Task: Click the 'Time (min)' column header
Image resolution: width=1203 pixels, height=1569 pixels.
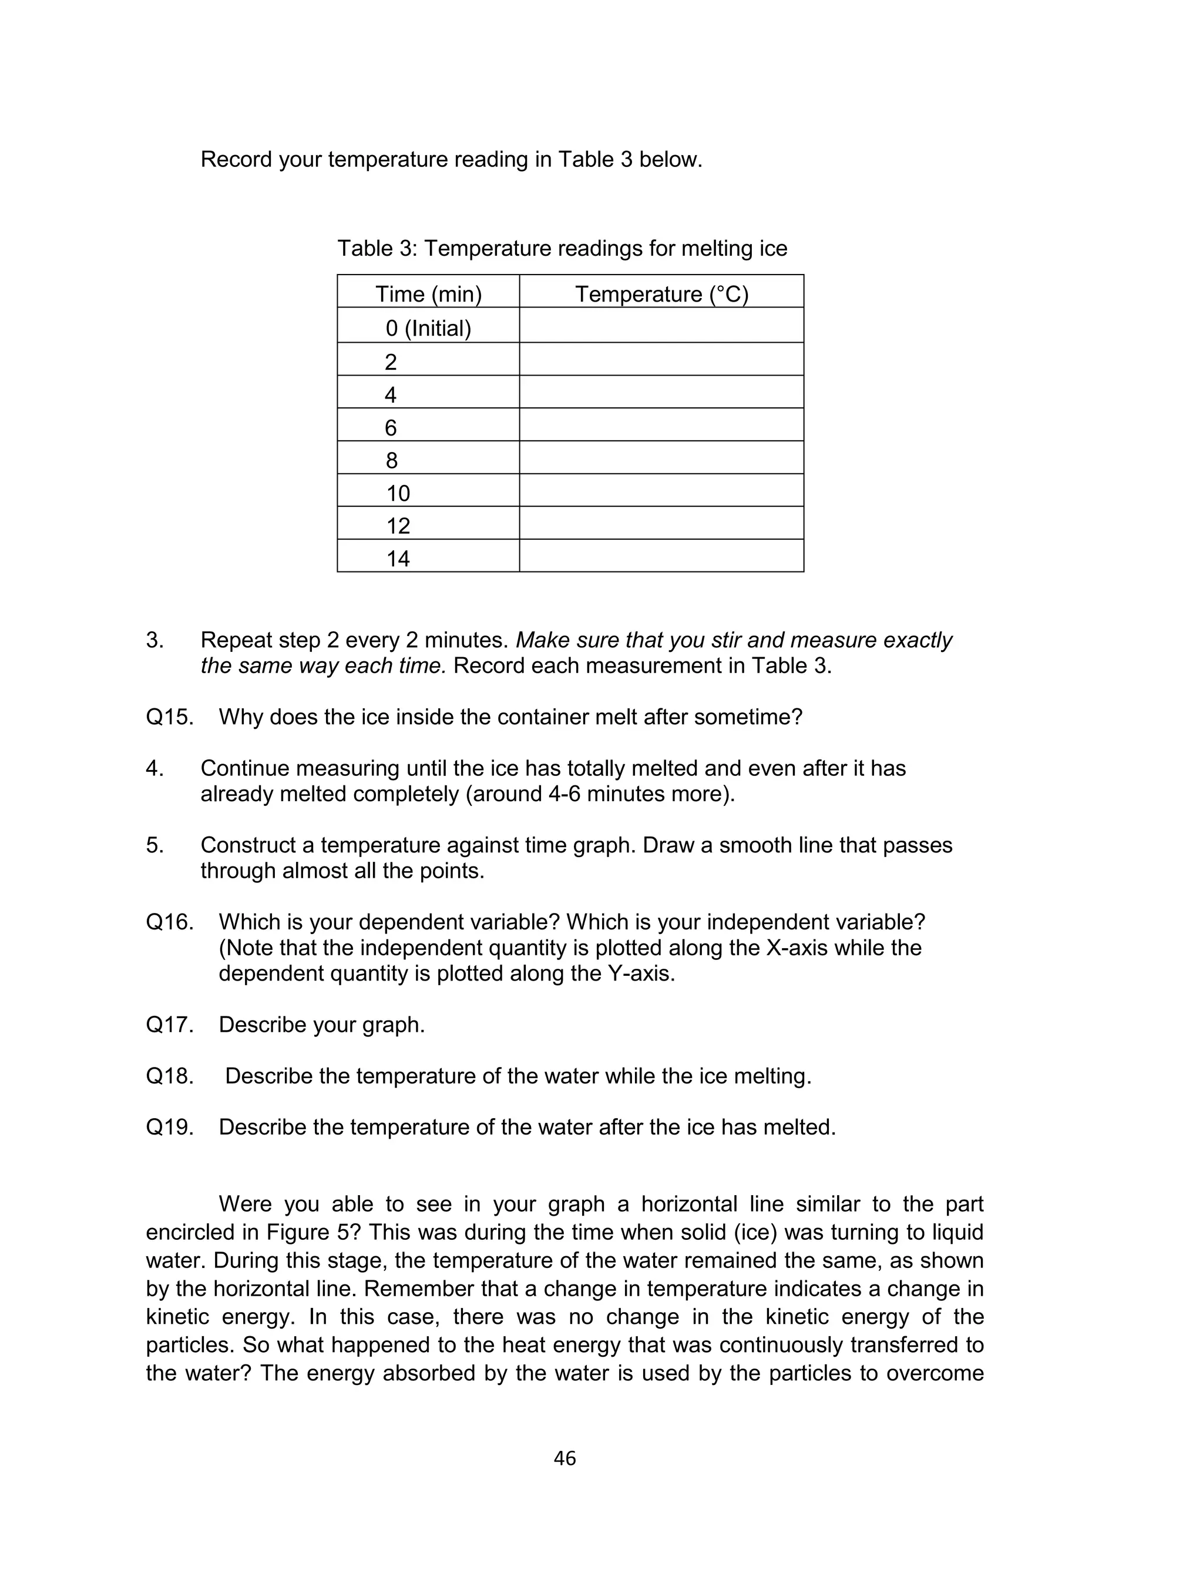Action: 428,295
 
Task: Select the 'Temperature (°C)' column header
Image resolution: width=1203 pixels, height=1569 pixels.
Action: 661,295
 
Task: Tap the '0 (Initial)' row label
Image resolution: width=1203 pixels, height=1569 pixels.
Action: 428,328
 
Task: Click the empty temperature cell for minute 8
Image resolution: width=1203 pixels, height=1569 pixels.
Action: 661,457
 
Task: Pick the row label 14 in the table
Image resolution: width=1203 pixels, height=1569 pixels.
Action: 398,558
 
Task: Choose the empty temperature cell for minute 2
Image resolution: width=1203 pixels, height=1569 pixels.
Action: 661,359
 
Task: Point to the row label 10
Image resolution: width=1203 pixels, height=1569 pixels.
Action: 398,493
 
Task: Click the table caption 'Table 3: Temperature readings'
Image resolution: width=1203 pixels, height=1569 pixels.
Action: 562,249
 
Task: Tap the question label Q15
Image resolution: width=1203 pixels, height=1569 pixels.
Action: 170,717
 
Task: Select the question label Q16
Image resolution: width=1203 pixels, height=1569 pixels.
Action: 170,922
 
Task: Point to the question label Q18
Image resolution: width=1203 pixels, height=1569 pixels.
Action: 170,1076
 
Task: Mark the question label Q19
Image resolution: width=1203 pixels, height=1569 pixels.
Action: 170,1127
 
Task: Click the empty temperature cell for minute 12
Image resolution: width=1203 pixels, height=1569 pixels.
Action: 661,523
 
